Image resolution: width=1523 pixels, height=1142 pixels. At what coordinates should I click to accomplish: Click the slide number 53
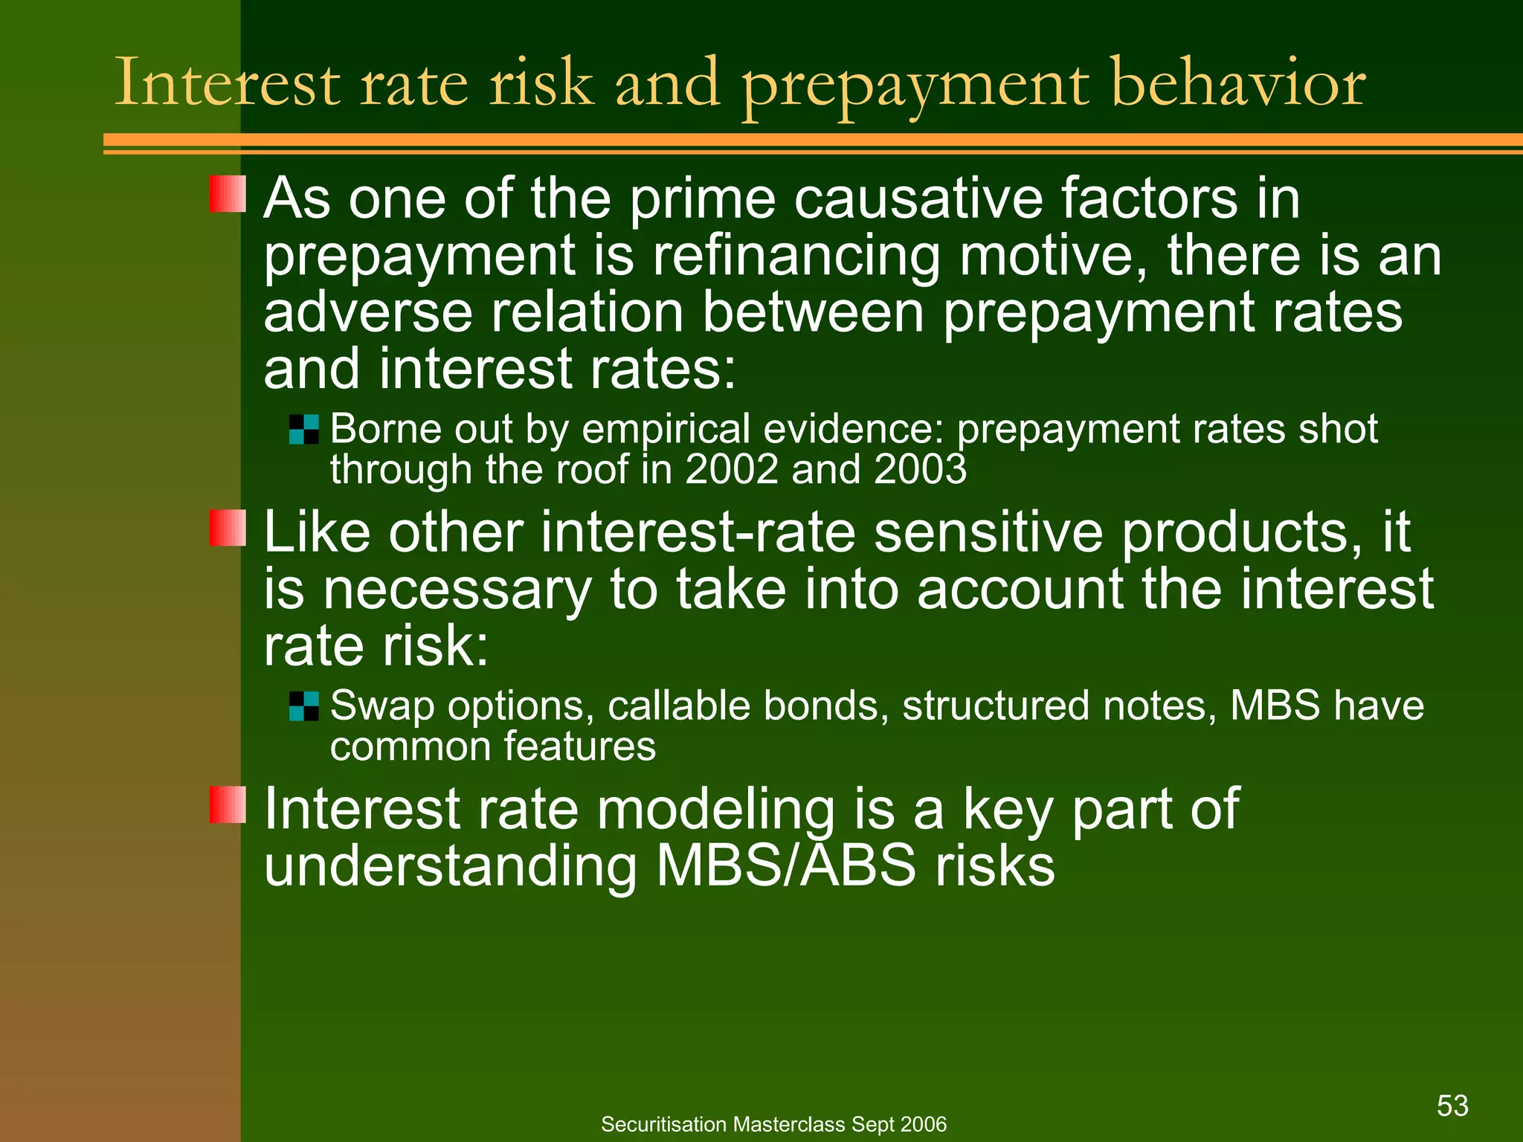1452,1106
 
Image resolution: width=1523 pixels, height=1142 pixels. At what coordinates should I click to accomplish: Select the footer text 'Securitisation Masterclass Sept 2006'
773,1124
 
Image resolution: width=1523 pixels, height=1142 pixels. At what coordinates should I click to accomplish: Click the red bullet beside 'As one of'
228,194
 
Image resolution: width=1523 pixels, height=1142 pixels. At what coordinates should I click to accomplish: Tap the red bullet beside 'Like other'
228,528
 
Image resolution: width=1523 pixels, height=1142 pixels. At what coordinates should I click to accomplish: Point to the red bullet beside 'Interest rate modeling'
228,804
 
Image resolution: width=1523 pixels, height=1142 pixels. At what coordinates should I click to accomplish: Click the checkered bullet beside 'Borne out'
303,430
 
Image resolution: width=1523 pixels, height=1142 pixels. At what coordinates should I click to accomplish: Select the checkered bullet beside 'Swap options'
303,706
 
